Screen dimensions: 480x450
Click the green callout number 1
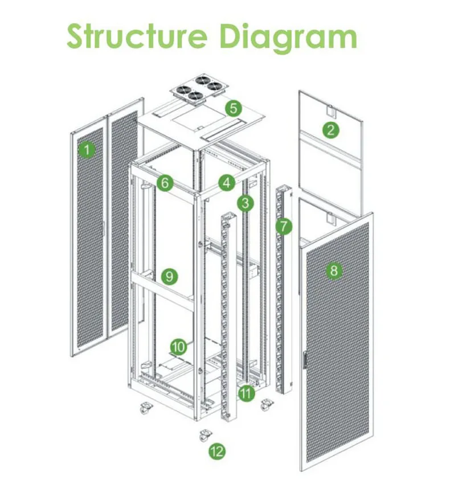point(87,150)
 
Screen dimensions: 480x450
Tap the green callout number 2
point(329,129)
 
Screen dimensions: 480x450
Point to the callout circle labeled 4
point(227,183)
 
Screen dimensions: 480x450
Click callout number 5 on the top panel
point(234,108)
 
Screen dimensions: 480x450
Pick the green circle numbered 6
point(165,183)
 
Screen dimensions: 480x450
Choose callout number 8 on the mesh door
point(334,270)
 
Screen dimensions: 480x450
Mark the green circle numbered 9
point(169,277)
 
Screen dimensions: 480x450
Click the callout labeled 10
point(179,346)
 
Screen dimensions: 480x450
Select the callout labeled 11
point(246,393)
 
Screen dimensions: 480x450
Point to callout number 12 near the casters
point(217,452)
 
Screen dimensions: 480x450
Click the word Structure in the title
point(136,36)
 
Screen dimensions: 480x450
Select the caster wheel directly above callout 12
point(203,436)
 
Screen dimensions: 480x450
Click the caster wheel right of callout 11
point(265,405)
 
